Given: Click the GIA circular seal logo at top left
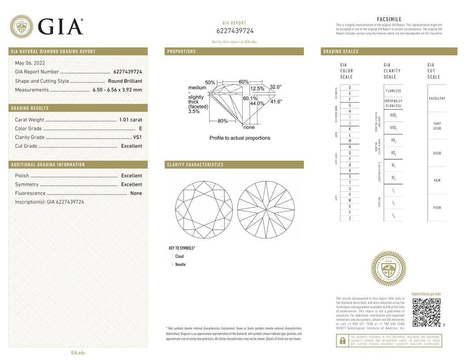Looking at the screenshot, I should [x=21, y=27].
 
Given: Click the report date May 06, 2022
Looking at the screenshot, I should [x=30, y=63].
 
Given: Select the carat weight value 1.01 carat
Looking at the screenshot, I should [x=130, y=120].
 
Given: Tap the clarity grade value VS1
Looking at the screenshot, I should [x=137, y=137].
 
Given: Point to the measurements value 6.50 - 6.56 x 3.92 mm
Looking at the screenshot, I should [x=117, y=90].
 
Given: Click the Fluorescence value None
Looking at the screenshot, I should [x=136, y=193].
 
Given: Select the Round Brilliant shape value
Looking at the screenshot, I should [x=125, y=81].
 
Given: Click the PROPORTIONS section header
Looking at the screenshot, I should [x=181, y=51].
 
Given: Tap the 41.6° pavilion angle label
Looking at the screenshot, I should [x=276, y=102].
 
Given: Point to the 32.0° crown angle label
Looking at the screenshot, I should [x=276, y=87].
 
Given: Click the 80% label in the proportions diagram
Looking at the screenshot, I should [x=222, y=121].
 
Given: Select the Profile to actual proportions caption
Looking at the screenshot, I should [x=240, y=138].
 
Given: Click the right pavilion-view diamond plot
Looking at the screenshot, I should [x=266, y=210].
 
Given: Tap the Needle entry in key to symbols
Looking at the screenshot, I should [x=180, y=265].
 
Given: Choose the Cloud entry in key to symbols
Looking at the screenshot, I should [x=179, y=256].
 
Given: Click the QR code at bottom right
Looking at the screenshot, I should [x=426, y=312].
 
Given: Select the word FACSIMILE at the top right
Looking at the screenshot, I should [x=389, y=19].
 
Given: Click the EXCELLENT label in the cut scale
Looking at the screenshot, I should [x=437, y=98].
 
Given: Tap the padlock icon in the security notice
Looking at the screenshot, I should [x=342, y=341].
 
